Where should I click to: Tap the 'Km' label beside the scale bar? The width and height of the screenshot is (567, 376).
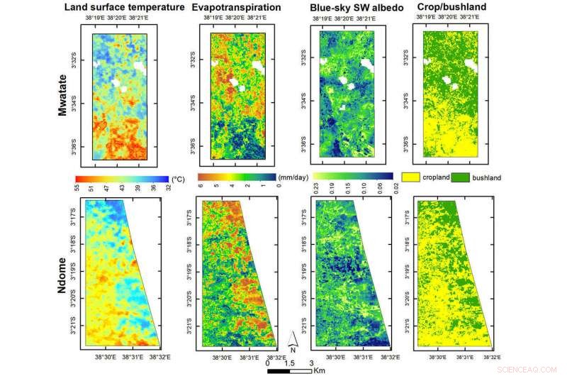(x=315, y=369)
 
